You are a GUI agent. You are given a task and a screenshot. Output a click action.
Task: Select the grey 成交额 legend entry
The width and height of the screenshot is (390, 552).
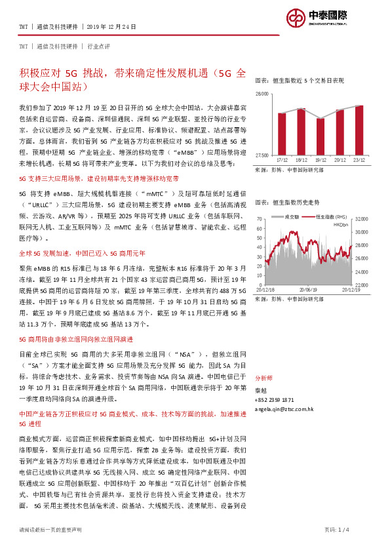tap(289, 216)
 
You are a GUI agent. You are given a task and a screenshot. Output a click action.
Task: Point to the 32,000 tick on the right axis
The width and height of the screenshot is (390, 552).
tap(361, 219)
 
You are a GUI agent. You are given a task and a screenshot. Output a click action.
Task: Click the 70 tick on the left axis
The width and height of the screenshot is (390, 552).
tap(260, 219)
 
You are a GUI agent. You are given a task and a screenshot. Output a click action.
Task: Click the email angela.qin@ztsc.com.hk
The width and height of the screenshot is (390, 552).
tap(284, 408)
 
